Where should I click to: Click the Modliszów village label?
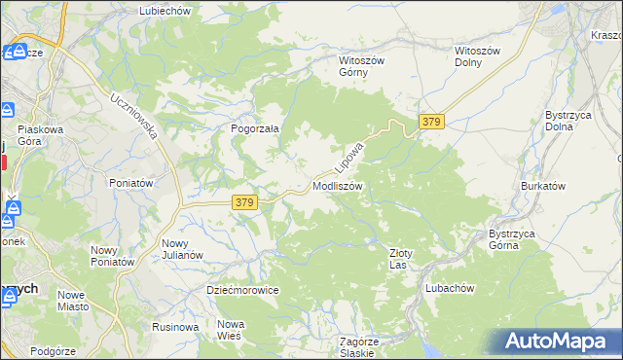click(338, 185)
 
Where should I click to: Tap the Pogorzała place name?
click(255, 127)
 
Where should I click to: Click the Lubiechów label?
click(165, 10)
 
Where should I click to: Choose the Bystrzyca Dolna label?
click(565, 121)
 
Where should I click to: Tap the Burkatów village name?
click(543, 184)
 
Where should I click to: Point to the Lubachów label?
click(450, 288)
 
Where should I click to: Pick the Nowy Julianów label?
click(182, 249)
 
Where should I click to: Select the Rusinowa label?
click(175, 327)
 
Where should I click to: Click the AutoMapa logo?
click(557, 342)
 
